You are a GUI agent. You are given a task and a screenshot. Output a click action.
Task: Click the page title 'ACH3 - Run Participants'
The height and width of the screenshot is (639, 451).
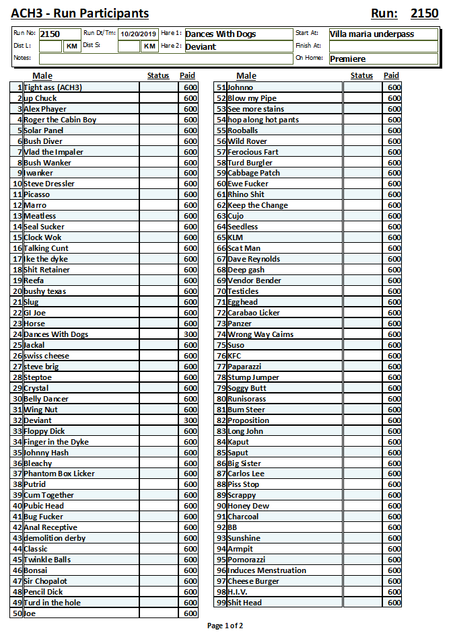coord(80,13)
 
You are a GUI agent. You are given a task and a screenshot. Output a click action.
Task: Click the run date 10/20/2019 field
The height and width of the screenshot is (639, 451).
coord(138,34)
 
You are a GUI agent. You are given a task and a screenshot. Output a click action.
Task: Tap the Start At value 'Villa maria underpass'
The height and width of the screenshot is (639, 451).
coord(382,34)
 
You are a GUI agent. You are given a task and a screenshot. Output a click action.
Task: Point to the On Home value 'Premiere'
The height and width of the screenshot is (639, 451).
coord(382,59)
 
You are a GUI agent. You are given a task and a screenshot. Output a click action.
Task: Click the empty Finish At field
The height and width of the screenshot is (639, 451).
coord(382,46)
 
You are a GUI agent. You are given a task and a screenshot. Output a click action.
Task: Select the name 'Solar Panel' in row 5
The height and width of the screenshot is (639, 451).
coord(44,130)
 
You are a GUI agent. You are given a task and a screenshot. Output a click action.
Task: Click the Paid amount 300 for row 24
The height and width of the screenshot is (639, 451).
coord(190,334)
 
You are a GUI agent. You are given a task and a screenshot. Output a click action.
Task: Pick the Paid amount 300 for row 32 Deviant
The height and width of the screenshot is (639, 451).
coord(190,420)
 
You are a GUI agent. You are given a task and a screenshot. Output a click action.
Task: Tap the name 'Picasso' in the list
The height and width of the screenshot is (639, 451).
coord(37,194)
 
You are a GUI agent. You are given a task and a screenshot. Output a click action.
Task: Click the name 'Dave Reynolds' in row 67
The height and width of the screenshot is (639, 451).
coord(254,259)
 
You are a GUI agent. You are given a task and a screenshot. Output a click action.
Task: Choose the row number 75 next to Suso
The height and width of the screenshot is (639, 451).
coord(221,345)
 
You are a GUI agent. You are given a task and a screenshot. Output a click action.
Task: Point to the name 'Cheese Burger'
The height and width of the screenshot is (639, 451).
coord(253,581)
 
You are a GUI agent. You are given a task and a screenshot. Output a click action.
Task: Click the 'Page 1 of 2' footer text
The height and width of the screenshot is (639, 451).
coord(225,626)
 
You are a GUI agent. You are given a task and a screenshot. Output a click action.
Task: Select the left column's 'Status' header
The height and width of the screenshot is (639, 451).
coord(158,76)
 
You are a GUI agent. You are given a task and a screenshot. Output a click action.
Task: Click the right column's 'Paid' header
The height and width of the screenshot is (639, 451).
coord(391,76)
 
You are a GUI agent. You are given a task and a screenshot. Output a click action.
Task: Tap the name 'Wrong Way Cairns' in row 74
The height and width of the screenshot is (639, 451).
coord(261,334)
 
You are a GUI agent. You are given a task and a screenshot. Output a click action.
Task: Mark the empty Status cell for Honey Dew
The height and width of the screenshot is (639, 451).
coord(361,506)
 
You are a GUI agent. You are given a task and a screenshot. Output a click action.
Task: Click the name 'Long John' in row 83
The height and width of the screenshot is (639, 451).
coord(246,431)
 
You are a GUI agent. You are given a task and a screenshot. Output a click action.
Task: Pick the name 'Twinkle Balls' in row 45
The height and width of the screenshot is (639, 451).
coord(47,560)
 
